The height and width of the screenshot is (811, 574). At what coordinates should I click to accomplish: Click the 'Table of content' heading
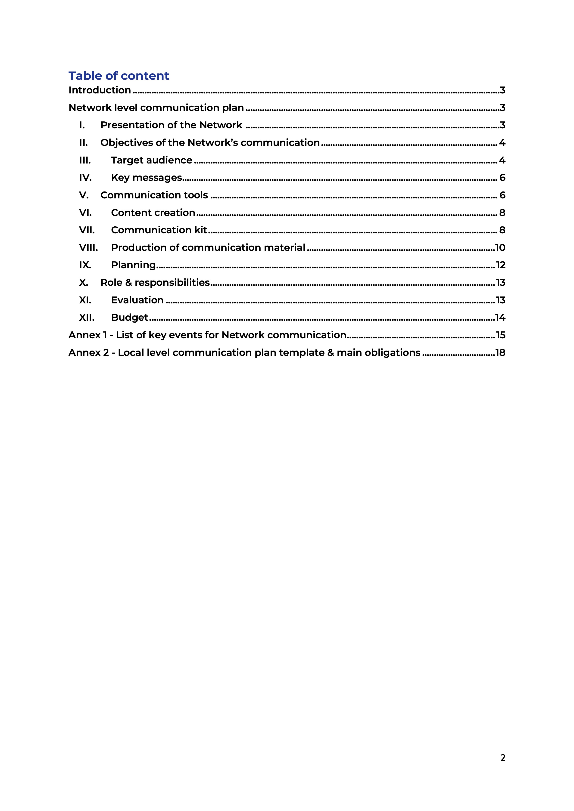click(x=119, y=76)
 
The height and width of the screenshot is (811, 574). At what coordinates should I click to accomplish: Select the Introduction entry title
click(x=100, y=90)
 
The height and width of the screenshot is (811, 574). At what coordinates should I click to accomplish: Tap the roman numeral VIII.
click(x=88, y=248)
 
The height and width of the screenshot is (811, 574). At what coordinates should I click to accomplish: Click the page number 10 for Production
click(x=500, y=248)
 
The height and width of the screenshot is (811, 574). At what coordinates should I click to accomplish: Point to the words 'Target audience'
click(x=152, y=160)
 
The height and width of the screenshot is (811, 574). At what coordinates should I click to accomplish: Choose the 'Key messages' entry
click(x=146, y=178)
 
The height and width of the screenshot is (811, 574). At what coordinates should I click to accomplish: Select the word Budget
click(x=129, y=318)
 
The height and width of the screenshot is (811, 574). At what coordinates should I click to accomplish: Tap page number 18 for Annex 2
click(x=500, y=352)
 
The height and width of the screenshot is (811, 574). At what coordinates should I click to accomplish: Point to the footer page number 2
click(x=503, y=758)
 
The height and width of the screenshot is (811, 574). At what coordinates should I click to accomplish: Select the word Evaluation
click(x=137, y=300)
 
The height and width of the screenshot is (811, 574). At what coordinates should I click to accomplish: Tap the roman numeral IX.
click(x=85, y=265)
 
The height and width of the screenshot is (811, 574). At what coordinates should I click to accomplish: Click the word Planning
click(x=133, y=265)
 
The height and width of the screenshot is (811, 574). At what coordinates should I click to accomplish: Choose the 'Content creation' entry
click(x=153, y=213)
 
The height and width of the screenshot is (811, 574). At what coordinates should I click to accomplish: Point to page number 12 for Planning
click(x=500, y=265)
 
